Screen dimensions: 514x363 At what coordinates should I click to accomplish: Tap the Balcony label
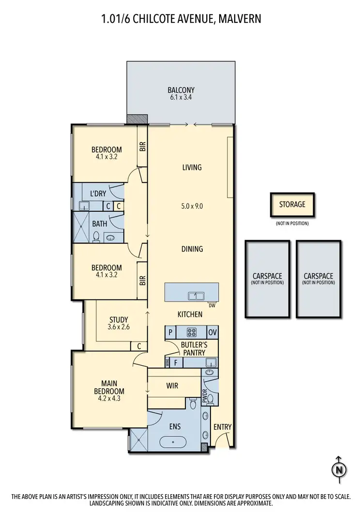[181, 90]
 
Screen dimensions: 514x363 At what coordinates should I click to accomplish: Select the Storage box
[292, 204]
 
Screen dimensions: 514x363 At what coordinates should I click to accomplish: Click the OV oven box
[212, 333]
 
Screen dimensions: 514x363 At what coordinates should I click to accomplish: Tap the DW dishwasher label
[212, 306]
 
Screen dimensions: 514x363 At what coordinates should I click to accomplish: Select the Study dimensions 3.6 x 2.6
[119, 327]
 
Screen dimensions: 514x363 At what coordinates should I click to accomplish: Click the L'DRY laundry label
[98, 194]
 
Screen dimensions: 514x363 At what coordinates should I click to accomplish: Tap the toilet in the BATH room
[96, 236]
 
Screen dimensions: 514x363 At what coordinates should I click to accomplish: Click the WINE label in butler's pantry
[168, 362]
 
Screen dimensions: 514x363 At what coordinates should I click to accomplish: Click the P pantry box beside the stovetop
[170, 333]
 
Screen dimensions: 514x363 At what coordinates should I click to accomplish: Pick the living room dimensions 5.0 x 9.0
[192, 205]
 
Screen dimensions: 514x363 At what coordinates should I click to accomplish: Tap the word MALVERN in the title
[241, 19]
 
